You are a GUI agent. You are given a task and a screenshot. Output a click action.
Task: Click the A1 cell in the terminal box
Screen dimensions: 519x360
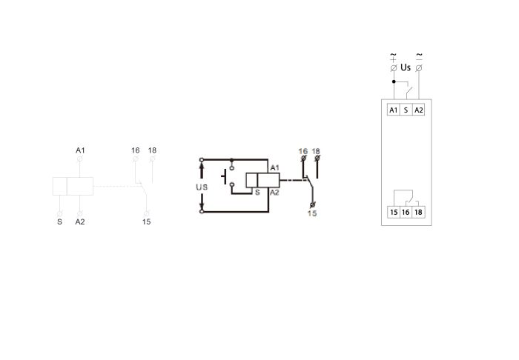(x=393, y=110)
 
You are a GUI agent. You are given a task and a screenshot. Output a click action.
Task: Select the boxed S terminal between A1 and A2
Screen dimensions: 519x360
(x=406, y=110)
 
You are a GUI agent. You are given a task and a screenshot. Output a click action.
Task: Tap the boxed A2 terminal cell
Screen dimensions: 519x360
(x=419, y=110)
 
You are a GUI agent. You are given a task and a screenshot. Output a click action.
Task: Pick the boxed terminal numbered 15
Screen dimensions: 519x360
(x=394, y=212)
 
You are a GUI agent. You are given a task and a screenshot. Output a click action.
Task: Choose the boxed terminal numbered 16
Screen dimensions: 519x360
(x=406, y=212)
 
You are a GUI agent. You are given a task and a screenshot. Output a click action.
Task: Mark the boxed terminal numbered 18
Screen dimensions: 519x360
(x=418, y=212)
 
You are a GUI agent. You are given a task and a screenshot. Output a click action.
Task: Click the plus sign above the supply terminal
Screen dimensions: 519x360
(x=393, y=59)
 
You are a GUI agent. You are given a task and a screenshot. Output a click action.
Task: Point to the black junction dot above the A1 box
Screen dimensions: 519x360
(x=394, y=81)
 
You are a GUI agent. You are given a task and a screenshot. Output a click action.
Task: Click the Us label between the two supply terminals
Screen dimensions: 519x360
(x=406, y=67)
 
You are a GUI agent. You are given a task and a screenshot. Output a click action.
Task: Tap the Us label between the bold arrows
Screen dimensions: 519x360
(x=202, y=187)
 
